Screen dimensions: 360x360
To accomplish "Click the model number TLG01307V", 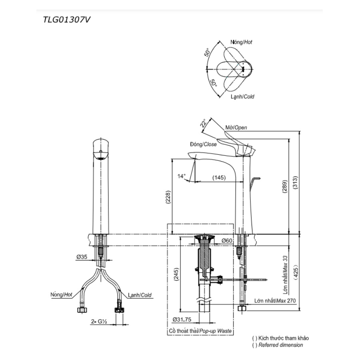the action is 66,20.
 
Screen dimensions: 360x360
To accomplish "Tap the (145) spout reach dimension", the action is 219,178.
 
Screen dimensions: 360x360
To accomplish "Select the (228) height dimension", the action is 168,197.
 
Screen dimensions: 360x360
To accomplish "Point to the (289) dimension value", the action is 285,186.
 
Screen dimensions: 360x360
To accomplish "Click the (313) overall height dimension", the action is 295,182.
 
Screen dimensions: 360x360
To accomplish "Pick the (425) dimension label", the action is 296,272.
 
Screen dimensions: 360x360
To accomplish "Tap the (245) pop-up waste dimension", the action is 176,274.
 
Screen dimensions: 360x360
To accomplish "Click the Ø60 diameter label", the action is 227,240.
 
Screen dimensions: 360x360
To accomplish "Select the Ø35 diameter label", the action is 82,257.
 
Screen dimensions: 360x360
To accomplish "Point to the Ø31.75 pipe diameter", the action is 182,319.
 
